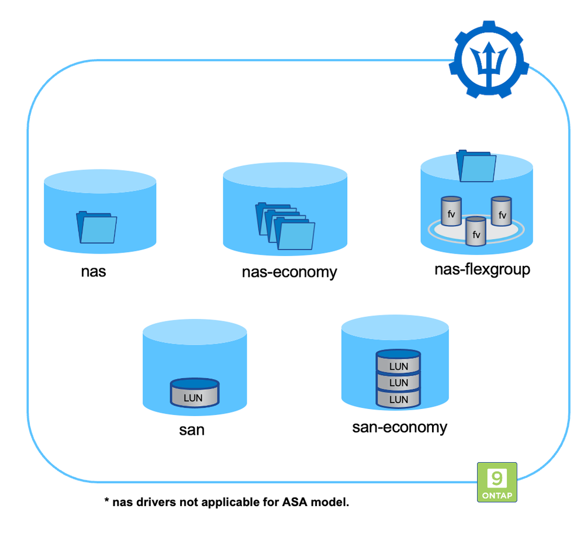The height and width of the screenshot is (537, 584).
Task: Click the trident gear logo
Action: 491,60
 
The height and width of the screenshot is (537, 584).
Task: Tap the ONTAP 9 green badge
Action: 497,481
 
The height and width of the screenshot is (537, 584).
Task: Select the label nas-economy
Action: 289,272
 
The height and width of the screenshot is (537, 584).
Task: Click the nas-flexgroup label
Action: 482,269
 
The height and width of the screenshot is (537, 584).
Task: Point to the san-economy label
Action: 399,427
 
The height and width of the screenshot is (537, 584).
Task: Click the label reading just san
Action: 192,430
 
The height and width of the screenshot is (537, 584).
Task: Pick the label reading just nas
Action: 94,271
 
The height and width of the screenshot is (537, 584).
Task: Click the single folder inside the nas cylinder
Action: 96,228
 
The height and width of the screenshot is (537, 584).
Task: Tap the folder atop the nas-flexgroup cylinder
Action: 476,167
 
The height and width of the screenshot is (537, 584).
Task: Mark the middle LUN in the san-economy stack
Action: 398,382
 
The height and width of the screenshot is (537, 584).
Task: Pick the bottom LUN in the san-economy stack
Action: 398,399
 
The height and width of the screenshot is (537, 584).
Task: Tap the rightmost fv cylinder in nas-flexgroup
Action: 502,212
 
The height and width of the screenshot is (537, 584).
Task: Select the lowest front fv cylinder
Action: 475,231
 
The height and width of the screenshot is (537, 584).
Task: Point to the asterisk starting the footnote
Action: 107,501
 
